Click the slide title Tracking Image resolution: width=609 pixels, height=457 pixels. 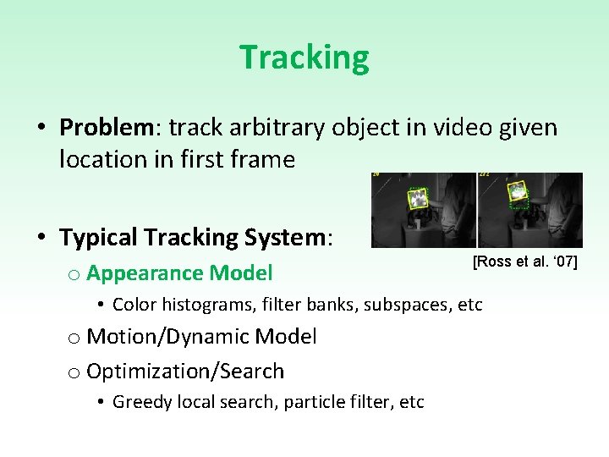pyautogui.click(x=304, y=58)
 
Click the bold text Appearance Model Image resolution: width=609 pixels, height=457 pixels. pyautogui.click(x=179, y=273)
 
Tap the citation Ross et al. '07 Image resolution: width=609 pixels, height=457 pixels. pyautogui.click(x=524, y=262)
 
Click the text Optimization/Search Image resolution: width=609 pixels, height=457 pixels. pyautogui.click(x=185, y=371)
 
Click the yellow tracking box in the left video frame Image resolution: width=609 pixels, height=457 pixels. pyautogui.click(x=418, y=198)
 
